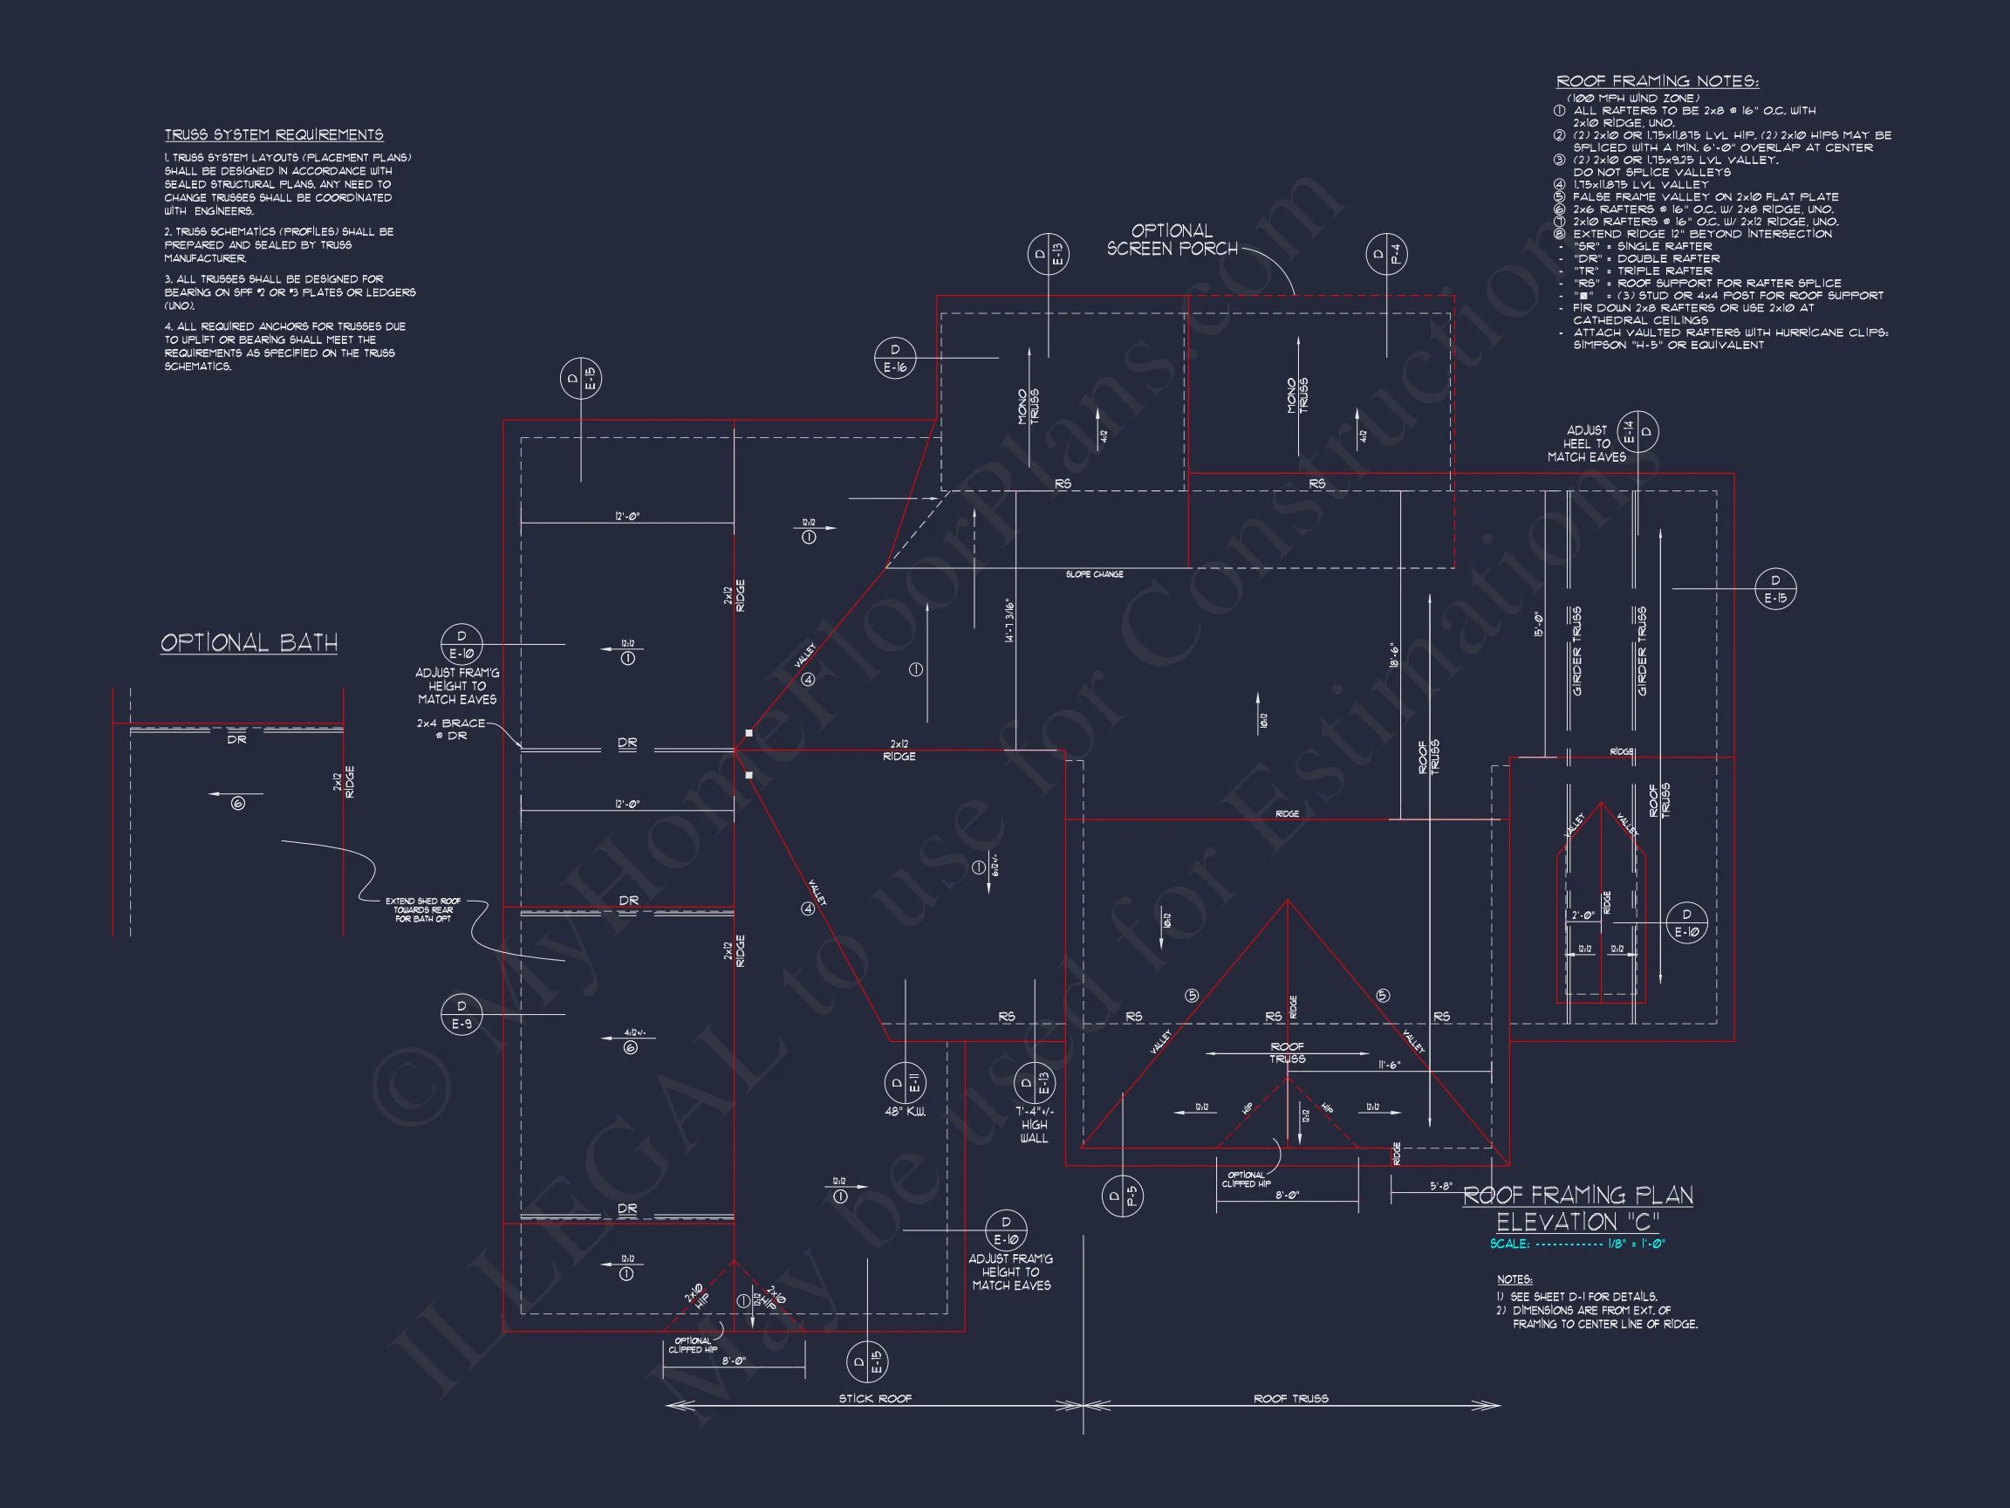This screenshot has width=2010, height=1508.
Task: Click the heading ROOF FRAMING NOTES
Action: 1658,82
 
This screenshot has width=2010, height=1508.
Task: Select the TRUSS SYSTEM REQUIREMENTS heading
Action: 274,134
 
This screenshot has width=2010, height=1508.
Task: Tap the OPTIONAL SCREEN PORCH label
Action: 1172,240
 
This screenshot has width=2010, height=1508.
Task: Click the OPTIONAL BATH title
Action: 249,642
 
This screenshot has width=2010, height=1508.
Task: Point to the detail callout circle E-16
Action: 895,358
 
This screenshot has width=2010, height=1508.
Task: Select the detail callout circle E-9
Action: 461,1014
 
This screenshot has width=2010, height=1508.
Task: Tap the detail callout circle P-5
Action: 1122,1196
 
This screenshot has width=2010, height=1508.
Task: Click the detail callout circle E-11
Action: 905,1083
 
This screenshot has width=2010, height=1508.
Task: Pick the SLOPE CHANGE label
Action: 1094,574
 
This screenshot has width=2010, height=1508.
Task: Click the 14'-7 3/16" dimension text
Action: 1008,620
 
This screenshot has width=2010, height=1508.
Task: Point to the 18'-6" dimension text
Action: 1393,656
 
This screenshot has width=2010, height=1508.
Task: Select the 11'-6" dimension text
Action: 1390,1066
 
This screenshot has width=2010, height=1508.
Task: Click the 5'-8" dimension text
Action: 1441,1186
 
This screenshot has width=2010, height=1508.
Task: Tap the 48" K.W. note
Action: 905,1112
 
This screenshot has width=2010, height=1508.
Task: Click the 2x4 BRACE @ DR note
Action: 451,729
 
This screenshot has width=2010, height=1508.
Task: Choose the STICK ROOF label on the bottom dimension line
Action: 874,1399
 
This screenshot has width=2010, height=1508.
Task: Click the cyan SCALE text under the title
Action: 1577,1244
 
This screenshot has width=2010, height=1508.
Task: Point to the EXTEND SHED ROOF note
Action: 422,910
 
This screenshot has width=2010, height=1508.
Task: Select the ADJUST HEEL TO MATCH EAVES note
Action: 1587,443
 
